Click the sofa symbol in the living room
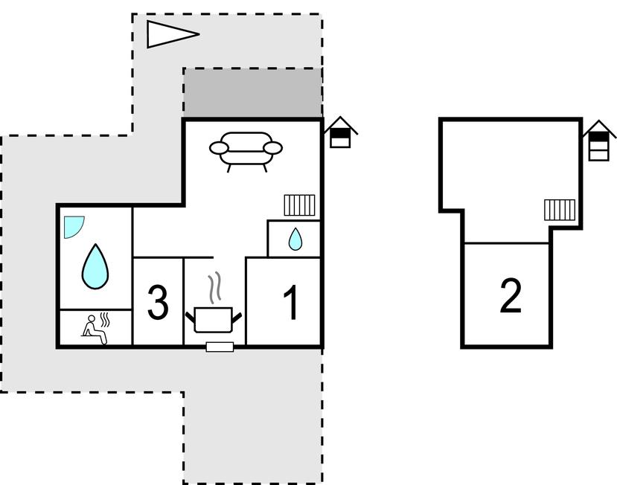246,149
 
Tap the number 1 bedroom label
292,303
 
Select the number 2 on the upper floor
511,296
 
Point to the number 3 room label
157,303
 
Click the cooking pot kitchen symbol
214,319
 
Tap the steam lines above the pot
215,288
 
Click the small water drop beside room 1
295,239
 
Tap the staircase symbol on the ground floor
299,205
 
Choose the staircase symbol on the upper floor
560,210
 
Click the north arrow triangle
170,34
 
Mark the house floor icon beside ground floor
340,134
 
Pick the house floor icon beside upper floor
599,141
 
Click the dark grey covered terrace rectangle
253,94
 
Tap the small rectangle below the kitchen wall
220,346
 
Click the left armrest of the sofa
217,148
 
